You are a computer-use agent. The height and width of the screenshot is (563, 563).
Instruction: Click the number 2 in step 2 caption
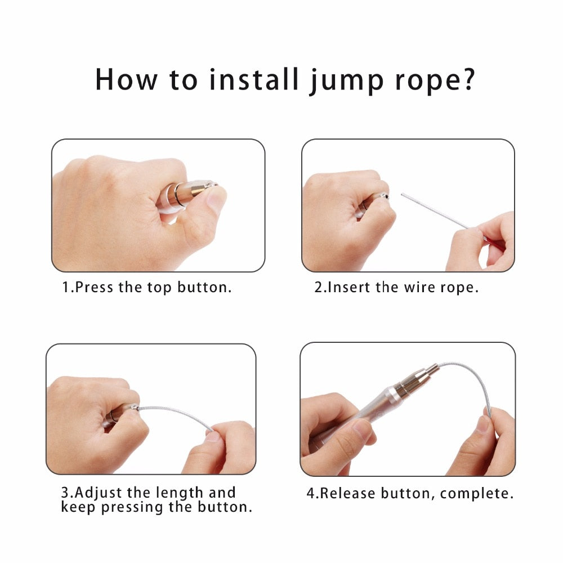318,287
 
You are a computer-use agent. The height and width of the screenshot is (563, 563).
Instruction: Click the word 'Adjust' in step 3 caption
100,493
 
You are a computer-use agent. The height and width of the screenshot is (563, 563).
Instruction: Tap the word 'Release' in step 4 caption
348,494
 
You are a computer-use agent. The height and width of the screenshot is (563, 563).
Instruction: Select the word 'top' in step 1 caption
160,288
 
